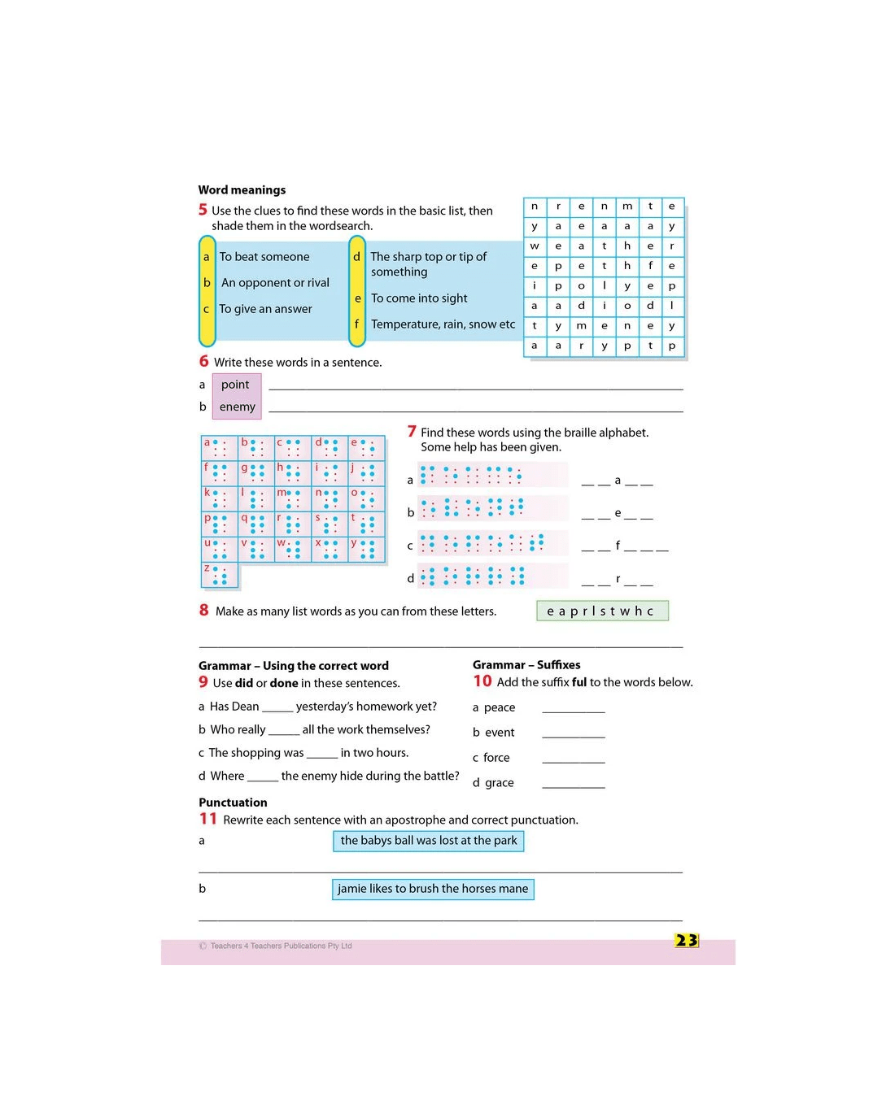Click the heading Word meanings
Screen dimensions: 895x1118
242,189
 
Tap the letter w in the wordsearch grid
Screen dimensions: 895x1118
534,246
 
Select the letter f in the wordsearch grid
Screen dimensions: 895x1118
650,265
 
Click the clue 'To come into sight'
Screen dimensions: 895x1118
419,298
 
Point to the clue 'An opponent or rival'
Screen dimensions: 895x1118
275,283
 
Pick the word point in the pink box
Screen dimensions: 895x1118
235,385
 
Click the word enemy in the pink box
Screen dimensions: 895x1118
237,407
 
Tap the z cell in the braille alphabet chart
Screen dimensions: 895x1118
220,575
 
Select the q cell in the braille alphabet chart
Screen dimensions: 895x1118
255,524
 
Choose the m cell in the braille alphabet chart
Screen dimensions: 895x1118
293,498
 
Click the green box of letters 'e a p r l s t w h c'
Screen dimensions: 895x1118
602,611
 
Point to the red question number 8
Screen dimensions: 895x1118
204,610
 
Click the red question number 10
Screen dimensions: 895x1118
482,681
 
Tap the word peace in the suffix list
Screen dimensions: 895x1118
500,707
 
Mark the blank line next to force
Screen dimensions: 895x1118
573,763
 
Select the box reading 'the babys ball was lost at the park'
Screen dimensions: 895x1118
429,841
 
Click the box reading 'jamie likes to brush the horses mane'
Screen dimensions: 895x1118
433,890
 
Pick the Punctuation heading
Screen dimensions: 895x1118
233,803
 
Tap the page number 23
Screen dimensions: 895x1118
686,940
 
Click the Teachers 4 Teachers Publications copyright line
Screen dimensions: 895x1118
276,946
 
